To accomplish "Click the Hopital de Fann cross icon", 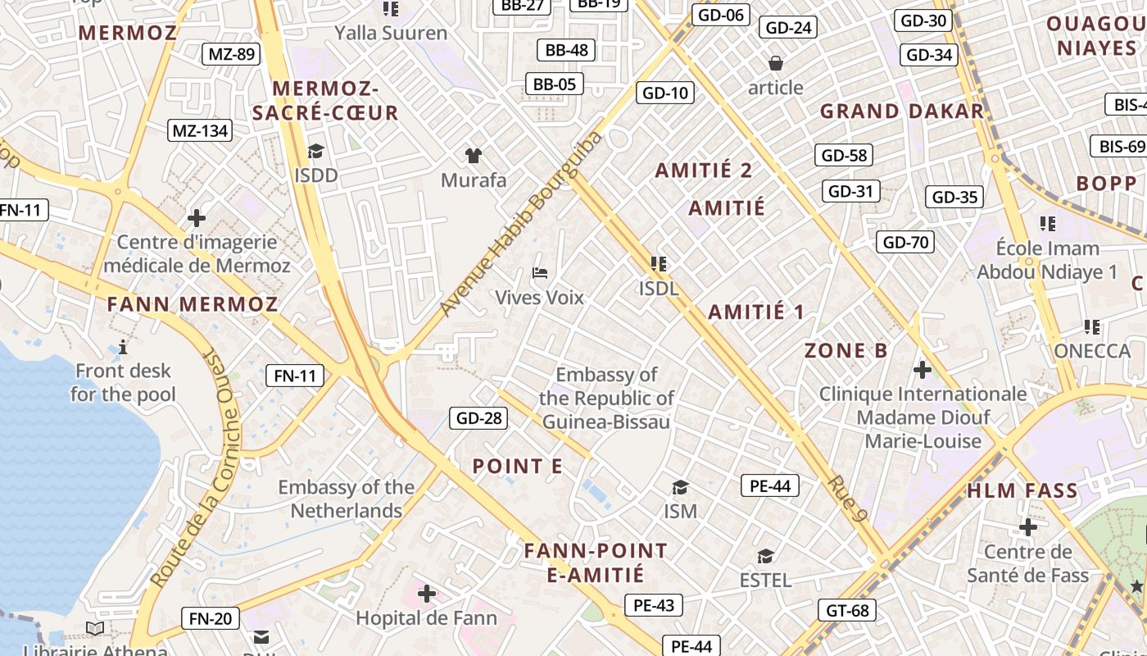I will [x=427, y=593].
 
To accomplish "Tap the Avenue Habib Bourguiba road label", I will [x=521, y=224].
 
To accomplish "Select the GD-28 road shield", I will [x=478, y=418].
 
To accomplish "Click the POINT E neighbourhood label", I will [x=517, y=467].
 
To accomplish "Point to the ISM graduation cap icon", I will [x=680, y=488].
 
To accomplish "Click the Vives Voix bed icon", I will [x=539, y=272].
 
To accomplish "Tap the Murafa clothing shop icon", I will [x=474, y=155].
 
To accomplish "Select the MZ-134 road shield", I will [x=200, y=130].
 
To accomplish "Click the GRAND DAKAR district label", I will [x=901, y=112].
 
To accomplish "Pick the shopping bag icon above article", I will [x=775, y=63].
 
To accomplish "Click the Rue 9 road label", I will [x=847, y=499].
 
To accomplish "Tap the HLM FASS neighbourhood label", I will [x=1022, y=491].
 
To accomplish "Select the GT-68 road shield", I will [x=847, y=610].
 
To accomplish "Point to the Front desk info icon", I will [x=123, y=348].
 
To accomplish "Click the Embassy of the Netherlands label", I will [x=346, y=499].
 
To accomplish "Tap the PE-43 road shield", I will [x=653, y=606].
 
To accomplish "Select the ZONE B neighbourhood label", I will [x=846, y=351].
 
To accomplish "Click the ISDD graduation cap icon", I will [x=315, y=151].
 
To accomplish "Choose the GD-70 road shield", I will [x=905, y=242].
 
